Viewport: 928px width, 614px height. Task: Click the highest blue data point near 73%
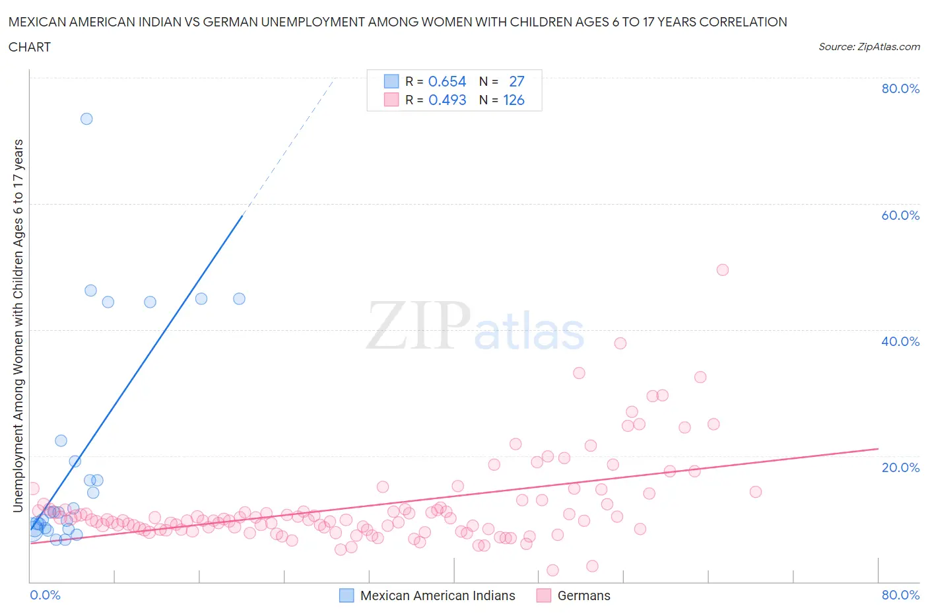tap(86, 119)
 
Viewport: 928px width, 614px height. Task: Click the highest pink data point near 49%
tap(723, 269)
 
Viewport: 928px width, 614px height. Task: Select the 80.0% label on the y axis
tap(900, 88)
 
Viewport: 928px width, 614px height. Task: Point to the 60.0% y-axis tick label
tap(900, 215)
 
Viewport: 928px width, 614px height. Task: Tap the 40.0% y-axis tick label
tap(900, 341)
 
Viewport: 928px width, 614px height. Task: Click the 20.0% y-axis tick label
tap(900, 467)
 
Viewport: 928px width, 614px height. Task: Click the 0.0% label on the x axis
tap(45, 595)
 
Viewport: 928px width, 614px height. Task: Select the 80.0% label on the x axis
tap(900, 595)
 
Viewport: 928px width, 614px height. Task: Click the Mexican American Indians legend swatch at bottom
tap(347, 596)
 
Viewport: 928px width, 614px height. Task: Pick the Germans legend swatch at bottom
tap(544, 596)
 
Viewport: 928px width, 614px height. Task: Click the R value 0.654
tap(447, 81)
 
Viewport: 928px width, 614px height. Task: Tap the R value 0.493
tap(447, 100)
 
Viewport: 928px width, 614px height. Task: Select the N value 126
tap(514, 100)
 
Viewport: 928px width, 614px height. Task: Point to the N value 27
tap(516, 81)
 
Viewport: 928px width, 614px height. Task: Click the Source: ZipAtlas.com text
tap(869, 46)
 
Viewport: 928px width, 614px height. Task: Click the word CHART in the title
tap(30, 47)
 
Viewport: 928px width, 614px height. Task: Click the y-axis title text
tap(18, 326)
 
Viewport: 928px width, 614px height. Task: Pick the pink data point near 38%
tap(620, 343)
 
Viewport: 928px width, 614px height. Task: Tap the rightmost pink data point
tap(756, 492)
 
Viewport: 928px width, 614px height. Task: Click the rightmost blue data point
tap(240, 298)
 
